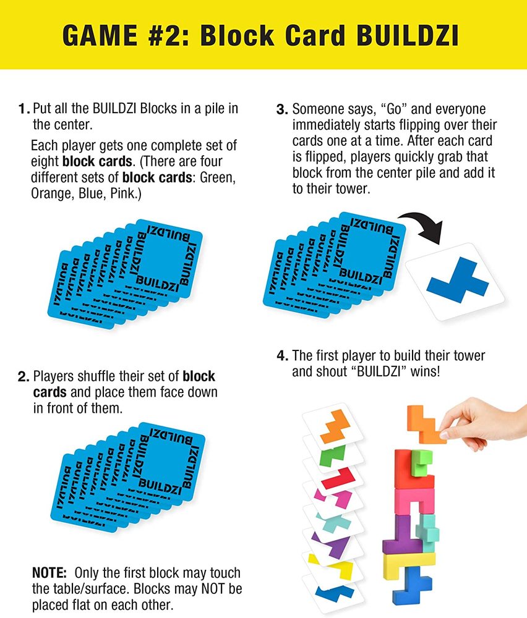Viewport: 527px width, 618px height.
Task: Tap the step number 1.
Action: click(x=24, y=109)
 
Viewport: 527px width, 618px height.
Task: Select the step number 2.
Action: click(x=24, y=376)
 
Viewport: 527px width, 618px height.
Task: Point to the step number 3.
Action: click(x=282, y=109)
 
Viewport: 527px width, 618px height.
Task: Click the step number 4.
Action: click(x=282, y=356)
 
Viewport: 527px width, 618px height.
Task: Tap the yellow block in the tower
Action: click(x=408, y=560)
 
